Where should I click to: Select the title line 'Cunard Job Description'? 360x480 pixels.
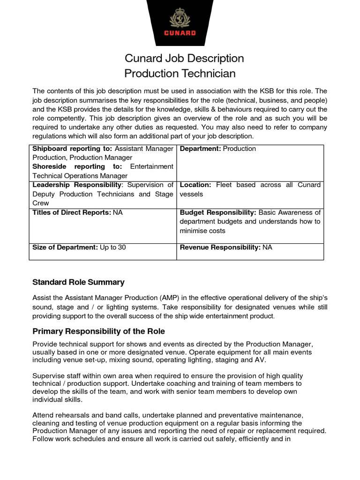(x=184, y=59)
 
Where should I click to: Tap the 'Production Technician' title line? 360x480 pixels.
(x=180, y=74)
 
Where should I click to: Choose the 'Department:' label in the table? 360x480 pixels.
(x=201, y=149)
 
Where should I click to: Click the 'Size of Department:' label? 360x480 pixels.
(x=65, y=247)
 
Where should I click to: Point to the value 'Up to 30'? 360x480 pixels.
(x=113, y=247)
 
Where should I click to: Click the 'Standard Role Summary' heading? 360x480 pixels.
(x=78, y=282)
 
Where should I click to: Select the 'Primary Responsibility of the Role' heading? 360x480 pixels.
(x=98, y=331)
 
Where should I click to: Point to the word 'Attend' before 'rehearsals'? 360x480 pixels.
(x=43, y=415)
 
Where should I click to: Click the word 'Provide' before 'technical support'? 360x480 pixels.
(x=45, y=345)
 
